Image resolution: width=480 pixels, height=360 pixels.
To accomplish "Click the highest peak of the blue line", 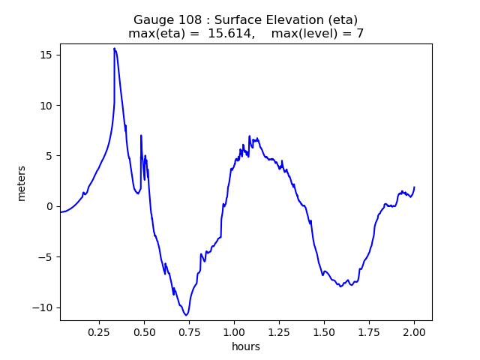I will coord(115,48).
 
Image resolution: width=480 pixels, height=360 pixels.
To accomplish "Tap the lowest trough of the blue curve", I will coord(186,315).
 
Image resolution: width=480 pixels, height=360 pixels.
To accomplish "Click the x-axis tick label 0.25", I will coord(99,331).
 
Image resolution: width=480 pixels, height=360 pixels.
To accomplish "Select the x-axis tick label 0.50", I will coord(144,331).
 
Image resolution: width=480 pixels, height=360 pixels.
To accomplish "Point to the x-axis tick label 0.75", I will coord(189,331).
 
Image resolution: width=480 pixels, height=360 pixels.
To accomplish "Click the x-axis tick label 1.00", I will coord(234,331).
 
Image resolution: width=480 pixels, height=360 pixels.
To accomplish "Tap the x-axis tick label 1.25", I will coord(279,331).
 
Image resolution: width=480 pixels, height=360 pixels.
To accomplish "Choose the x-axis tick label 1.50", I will coord(324,331).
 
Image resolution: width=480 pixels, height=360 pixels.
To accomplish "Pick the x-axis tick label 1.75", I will coord(369,331).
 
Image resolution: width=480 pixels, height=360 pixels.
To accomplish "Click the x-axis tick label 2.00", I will coord(414,331).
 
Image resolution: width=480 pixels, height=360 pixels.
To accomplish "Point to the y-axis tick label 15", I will coord(46,55).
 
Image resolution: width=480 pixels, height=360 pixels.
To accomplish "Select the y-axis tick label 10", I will coord(46,105).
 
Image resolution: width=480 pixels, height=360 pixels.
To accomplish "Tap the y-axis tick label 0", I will coord(50,206).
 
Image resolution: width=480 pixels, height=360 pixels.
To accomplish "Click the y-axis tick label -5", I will coord(46,257).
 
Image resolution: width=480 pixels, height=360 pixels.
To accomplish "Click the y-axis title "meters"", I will coord(22,184).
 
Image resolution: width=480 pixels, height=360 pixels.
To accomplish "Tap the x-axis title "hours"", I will coord(246,346).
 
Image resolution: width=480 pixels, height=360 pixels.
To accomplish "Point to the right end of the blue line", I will coord(414,187).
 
